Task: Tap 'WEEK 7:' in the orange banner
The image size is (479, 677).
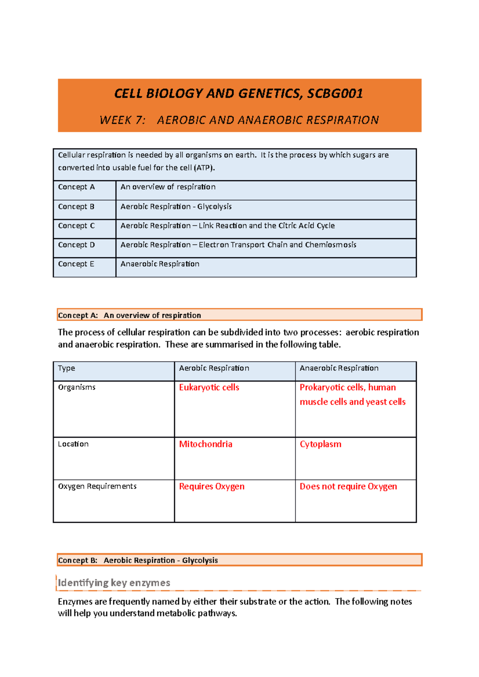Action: [123, 120]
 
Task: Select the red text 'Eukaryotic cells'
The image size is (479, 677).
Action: [209, 388]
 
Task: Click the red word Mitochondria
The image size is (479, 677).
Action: [206, 444]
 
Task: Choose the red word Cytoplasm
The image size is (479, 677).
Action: [321, 444]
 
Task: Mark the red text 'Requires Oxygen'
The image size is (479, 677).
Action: [212, 486]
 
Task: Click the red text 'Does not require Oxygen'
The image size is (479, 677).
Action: [348, 486]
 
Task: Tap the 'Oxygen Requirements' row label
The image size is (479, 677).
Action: [97, 486]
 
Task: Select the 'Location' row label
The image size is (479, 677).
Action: [73, 444]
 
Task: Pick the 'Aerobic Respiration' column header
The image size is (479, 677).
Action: [214, 368]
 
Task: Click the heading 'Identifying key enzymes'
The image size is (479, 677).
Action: [114, 583]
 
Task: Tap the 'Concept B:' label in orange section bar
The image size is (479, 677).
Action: [78, 561]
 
